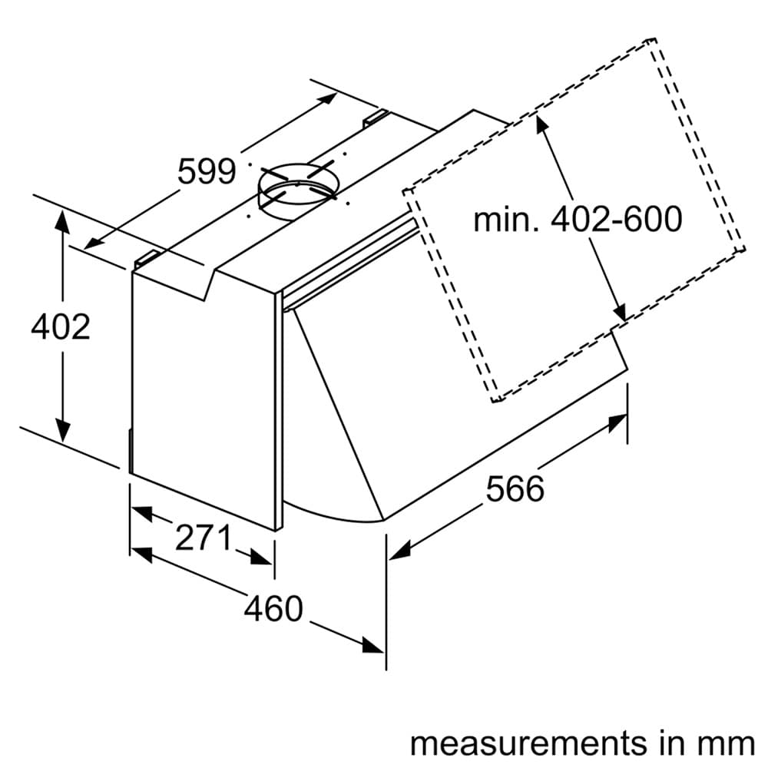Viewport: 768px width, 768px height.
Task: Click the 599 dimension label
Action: [x=206, y=170]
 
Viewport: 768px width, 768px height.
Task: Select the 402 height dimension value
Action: [x=60, y=327]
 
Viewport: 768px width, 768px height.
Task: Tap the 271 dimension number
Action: [x=203, y=538]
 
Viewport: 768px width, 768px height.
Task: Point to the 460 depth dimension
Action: [x=273, y=608]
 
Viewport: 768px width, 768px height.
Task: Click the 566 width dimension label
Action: [x=515, y=488]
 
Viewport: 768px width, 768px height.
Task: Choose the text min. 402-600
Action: [x=577, y=220]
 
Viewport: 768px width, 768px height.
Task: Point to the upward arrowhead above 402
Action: [x=62, y=218]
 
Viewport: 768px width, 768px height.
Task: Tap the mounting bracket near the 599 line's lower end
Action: [x=148, y=259]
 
